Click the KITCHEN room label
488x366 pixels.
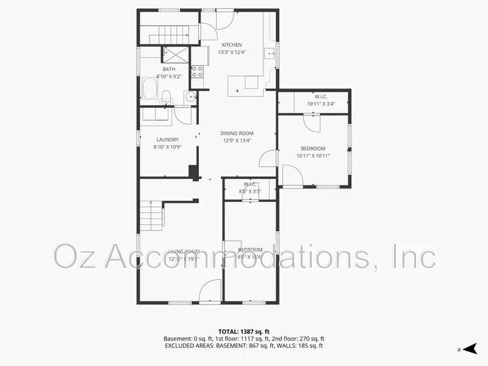click(x=232, y=45)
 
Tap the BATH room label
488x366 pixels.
click(x=169, y=69)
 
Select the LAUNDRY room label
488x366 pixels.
click(x=167, y=140)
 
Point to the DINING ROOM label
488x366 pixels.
click(x=237, y=134)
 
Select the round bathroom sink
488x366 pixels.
click(x=190, y=96)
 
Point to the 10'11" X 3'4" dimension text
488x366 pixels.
click(x=322, y=104)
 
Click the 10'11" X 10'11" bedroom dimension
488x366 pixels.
click(x=313, y=156)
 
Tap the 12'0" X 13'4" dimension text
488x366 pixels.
click(x=237, y=141)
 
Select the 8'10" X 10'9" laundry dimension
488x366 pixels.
click(x=167, y=147)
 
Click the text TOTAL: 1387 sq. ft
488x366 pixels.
click(x=243, y=331)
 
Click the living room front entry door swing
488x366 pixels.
click(x=211, y=291)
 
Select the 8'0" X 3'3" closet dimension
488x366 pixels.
click(x=250, y=192)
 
